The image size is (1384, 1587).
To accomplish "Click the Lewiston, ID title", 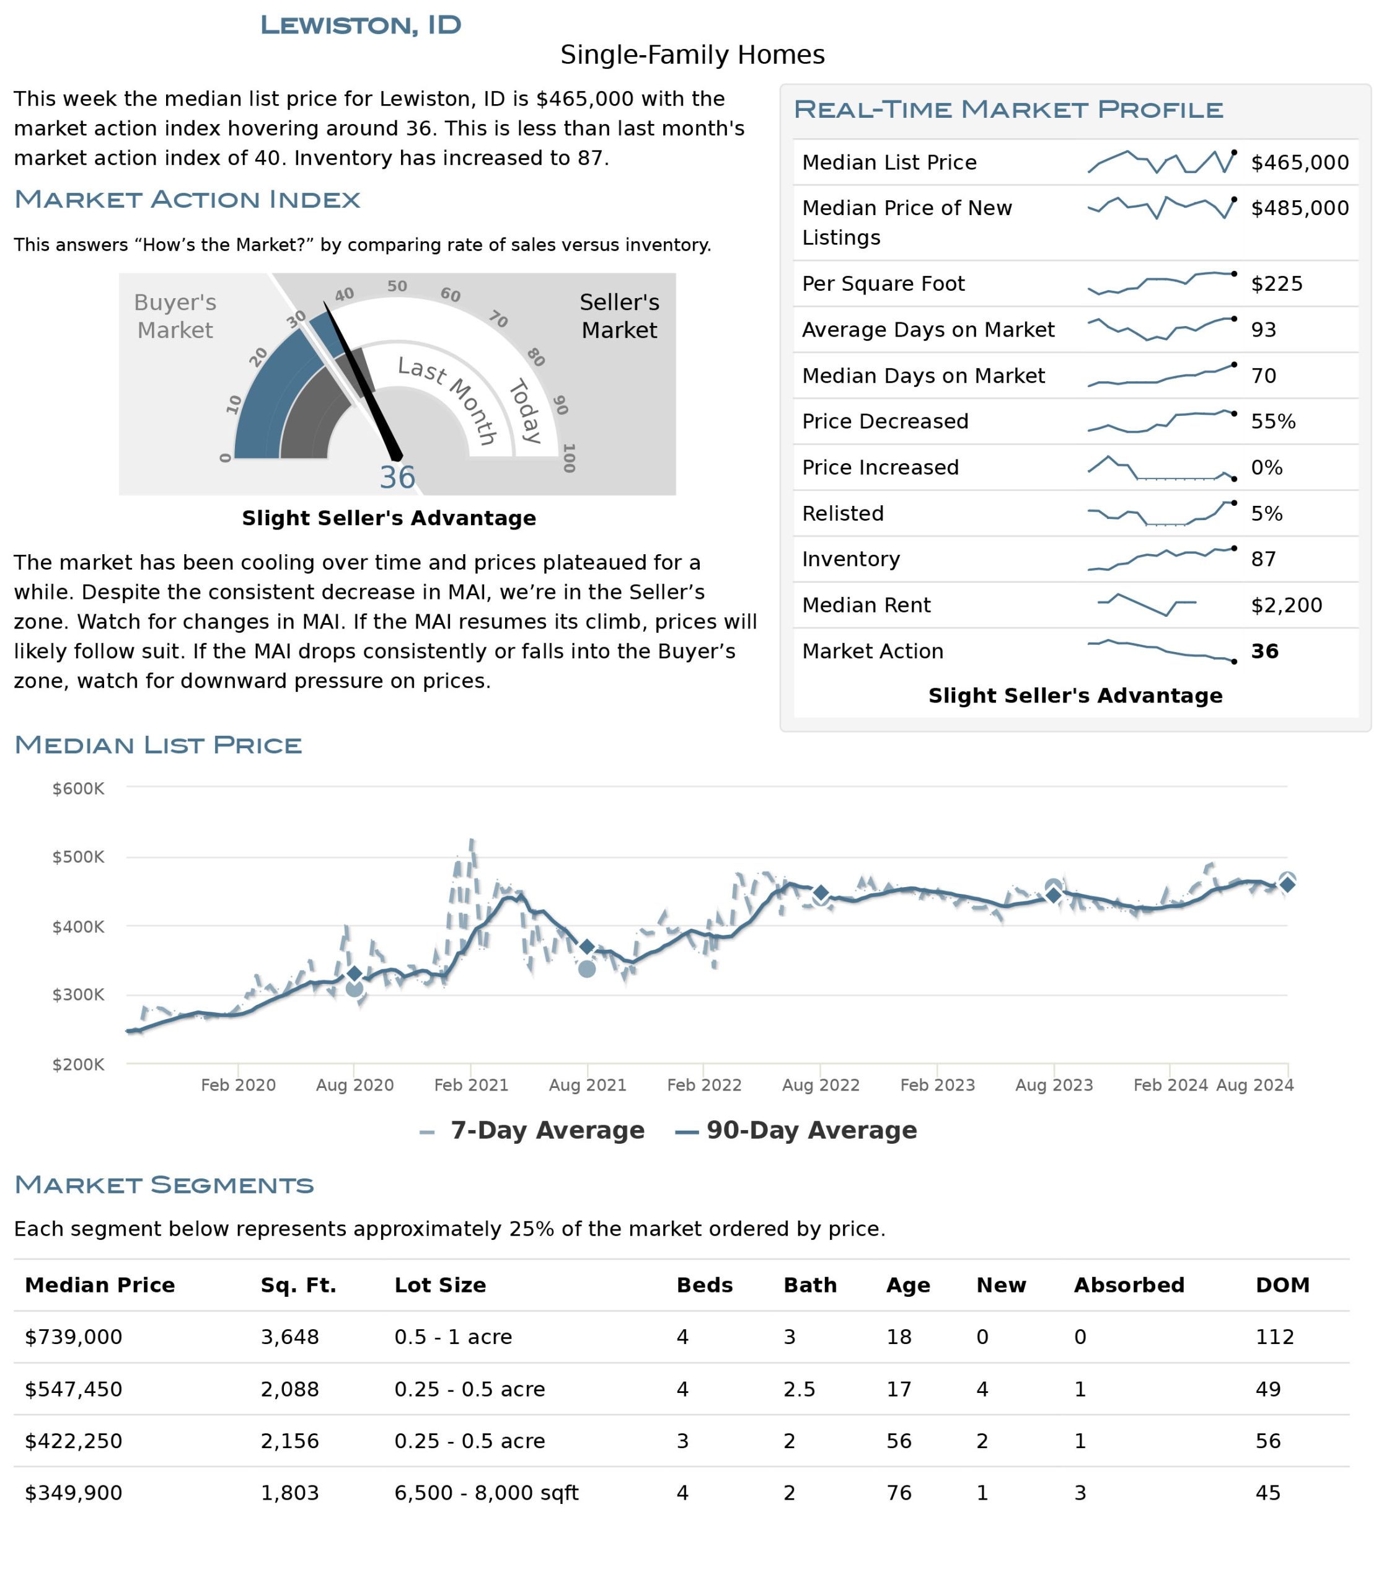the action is [x=361, y=25].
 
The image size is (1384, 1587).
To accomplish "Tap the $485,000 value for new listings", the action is [x=1300, y=208].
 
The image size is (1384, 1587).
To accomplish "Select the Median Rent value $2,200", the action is [x=1287, y=605].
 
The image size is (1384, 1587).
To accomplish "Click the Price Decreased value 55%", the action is [x=1274, y=421].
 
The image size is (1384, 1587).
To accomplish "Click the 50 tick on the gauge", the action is [x=397, y=286].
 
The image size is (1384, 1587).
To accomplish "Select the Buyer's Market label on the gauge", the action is [x=175, y=316].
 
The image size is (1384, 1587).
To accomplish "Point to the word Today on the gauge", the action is [x=525, y=411].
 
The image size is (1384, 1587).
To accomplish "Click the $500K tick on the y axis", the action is [x=78, y=857].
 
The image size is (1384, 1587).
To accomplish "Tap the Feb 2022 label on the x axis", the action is [x=703, y=1085].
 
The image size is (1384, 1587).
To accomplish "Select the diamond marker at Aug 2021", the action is [x=587, y=947].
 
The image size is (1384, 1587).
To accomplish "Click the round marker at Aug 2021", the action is [x=587, y=969].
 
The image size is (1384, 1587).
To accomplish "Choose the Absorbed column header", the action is [x=1129, y=1285].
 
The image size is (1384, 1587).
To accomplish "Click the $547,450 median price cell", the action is [x=73, y=1389].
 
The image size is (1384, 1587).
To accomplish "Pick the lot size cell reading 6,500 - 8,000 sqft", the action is [x=487, y=1493].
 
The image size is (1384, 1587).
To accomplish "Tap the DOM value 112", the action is [x=1274, y=1337].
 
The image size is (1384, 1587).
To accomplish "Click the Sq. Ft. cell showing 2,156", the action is [x=289, y=1441].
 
